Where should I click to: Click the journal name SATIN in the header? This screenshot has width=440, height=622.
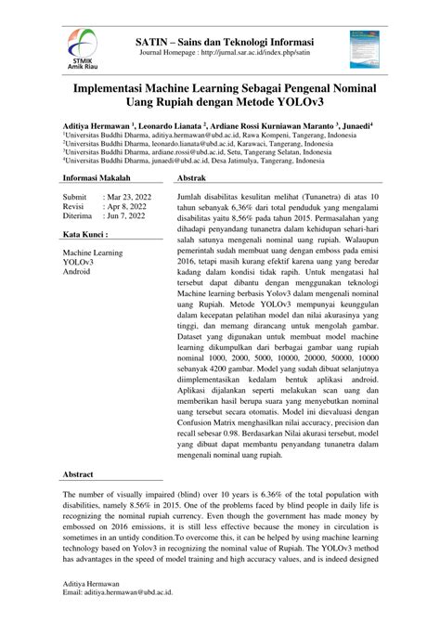[x=153, y=44]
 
